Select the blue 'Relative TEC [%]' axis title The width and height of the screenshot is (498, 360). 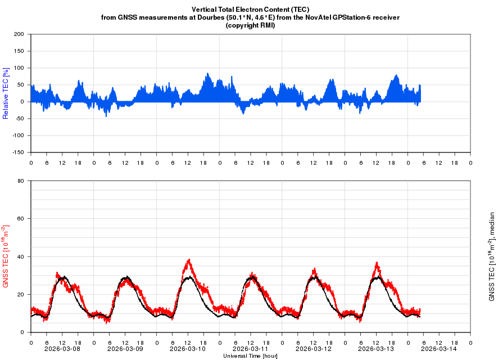(6, 93)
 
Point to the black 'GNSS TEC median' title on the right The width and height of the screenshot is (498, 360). (492, 256)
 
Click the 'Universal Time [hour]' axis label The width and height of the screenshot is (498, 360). (250, 355)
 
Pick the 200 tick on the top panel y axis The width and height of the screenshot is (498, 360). (19, 34)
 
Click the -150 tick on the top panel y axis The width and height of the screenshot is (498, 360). (17, 152)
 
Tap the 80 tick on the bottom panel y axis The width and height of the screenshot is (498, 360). (21, 181)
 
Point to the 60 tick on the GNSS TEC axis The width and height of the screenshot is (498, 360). (21, 219)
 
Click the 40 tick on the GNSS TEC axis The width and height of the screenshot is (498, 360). (21, 256)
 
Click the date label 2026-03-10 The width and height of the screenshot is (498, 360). (188, 349)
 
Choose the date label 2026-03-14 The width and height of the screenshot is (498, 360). (439, 349)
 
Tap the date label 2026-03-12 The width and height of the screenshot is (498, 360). (313, 349)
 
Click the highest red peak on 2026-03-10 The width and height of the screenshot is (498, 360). (189, 260)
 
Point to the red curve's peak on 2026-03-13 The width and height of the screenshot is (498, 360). (377, 263)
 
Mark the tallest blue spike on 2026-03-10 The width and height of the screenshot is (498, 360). (207, 73)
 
